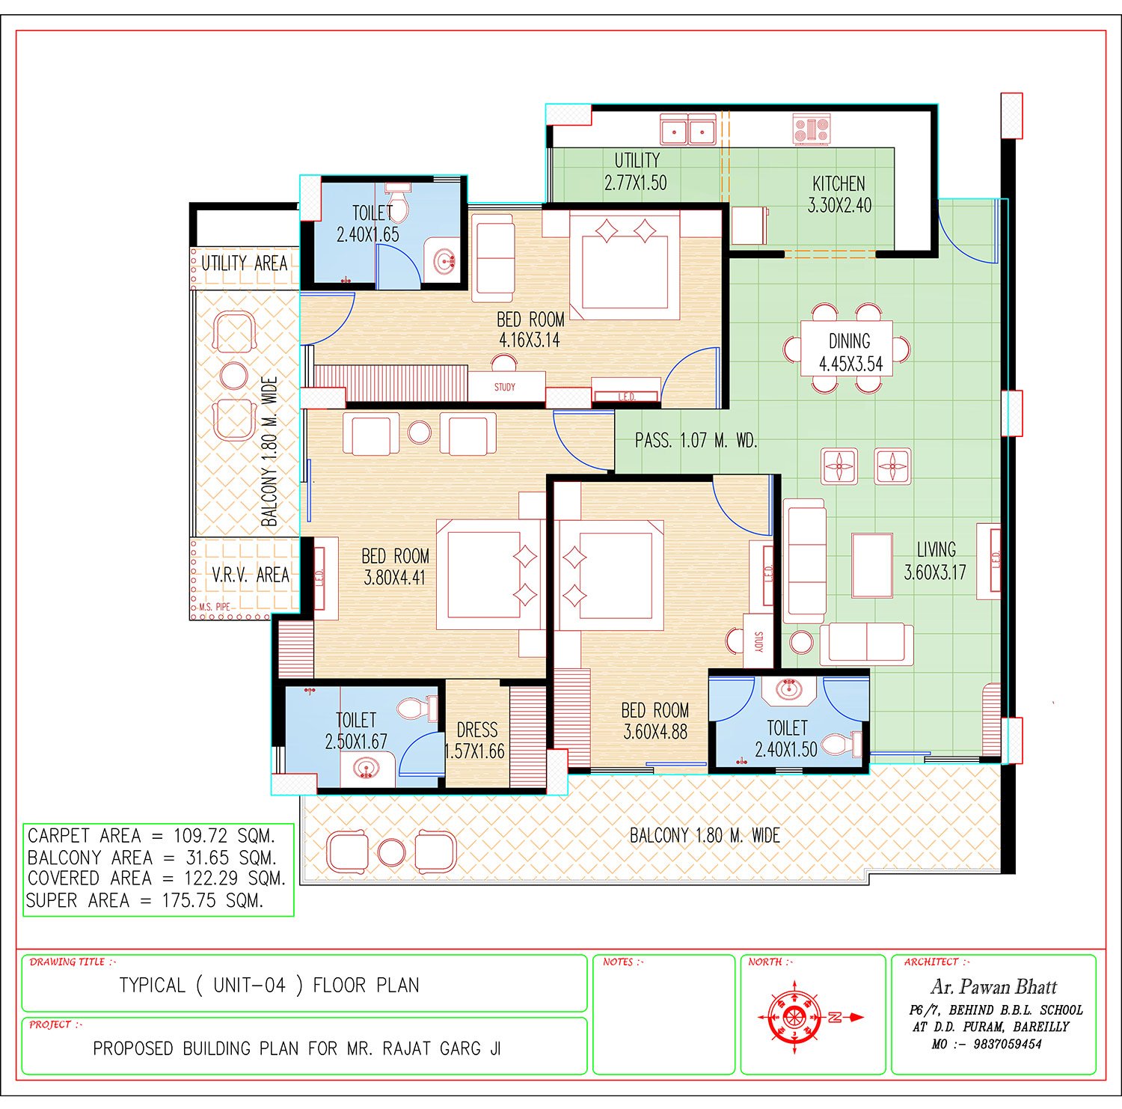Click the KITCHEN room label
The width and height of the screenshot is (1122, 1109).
(839, 183)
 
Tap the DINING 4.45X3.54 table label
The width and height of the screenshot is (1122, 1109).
(850, 353)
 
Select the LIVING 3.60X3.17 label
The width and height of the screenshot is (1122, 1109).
(935, 561)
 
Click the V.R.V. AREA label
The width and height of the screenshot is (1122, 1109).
(250, 575)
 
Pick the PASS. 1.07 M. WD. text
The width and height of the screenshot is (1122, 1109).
(696, 441)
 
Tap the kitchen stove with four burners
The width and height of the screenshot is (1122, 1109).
(812, 129)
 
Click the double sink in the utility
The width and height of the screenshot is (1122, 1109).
(688, 129)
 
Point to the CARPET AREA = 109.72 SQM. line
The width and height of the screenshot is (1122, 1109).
(151, 835)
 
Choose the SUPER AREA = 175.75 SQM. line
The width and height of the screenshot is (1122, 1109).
(145, 900)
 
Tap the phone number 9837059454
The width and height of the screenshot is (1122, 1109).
(1008, 1044)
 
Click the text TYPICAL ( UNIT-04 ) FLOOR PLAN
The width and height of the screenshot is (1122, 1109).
(269, 986)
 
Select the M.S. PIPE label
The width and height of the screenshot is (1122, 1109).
(215, 607)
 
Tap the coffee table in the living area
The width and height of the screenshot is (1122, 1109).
(872, 565)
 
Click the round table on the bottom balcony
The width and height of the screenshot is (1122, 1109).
(391, 852)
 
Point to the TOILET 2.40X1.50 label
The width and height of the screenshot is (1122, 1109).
(786, 739)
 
